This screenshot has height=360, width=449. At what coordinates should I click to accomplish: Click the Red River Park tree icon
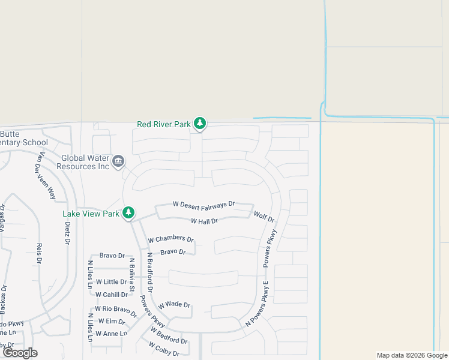(200, 124)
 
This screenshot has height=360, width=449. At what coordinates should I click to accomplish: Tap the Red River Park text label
(163, 124)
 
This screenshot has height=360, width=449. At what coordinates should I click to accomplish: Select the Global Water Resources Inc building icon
(118, 161)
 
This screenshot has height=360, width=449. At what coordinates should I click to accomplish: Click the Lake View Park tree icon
(128, 213)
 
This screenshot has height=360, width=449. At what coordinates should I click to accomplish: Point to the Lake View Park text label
(91, 213)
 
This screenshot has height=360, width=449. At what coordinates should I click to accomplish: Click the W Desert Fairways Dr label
(203, 205)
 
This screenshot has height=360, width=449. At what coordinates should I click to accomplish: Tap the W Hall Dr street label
(203, 221)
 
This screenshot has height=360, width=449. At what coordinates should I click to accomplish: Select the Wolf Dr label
(264, 217)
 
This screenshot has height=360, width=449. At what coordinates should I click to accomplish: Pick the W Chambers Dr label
(171, 239)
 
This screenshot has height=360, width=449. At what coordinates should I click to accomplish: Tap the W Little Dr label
(107, 281)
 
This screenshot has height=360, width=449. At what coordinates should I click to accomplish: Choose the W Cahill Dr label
(111, 295)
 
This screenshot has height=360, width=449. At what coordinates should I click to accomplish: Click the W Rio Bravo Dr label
(116, 309)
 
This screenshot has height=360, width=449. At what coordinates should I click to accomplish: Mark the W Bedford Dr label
(169, 336)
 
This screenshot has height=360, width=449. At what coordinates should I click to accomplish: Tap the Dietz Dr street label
(67, 233)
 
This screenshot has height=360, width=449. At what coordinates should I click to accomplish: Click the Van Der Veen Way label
(45, 176)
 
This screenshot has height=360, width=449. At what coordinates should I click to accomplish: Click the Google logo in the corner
(20, 353)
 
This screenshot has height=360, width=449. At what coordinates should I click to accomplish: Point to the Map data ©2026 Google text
(411, 355)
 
